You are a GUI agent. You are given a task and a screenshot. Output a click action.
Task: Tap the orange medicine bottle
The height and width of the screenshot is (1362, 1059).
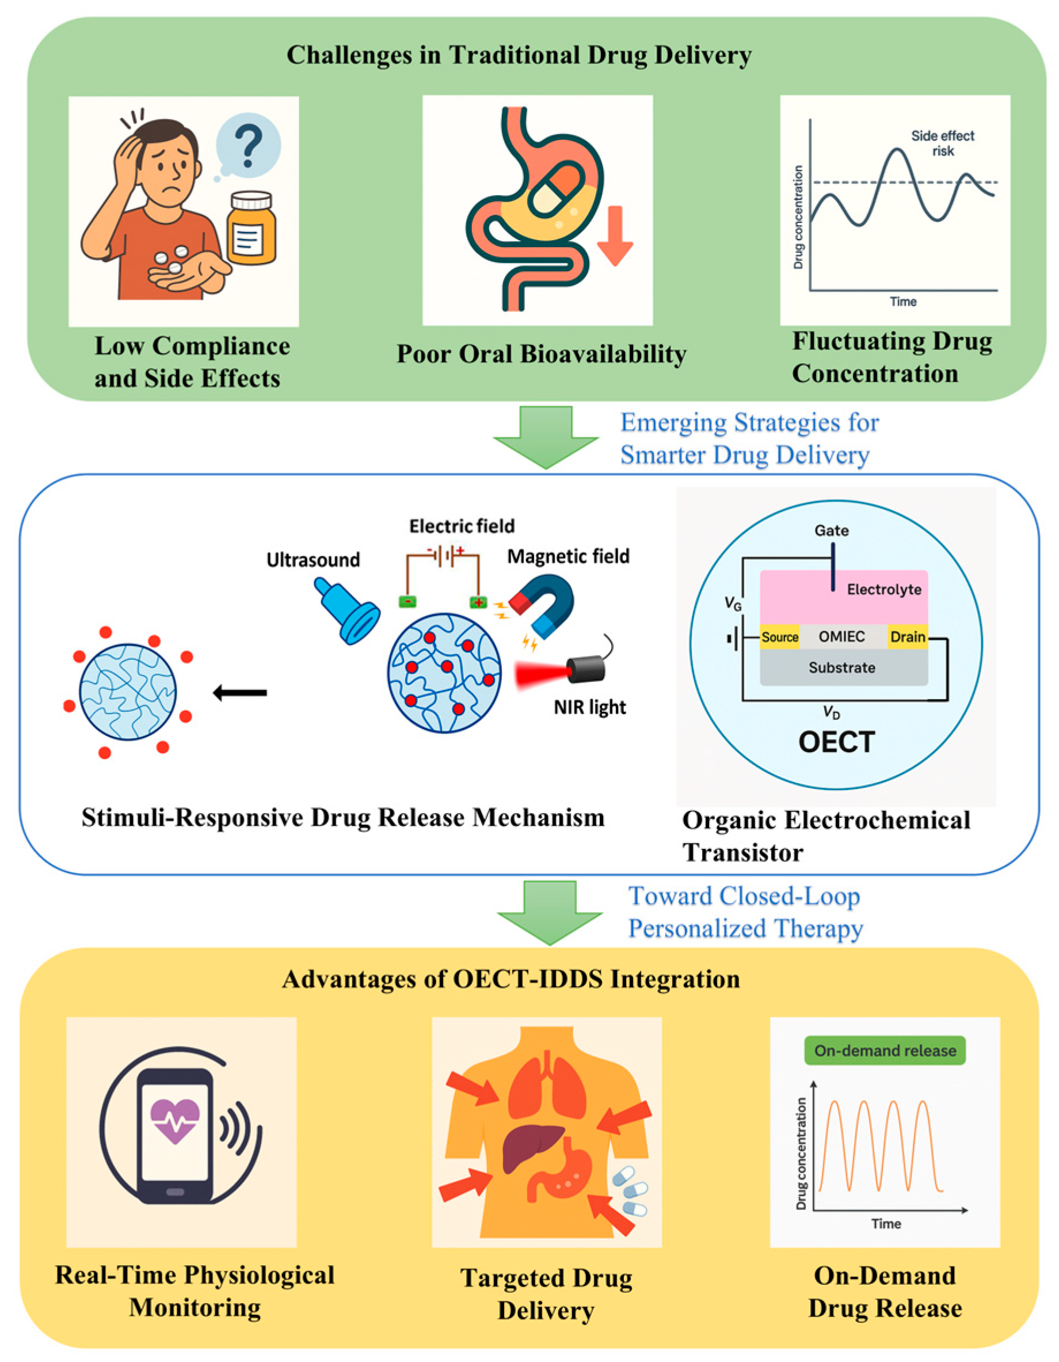(251, 229)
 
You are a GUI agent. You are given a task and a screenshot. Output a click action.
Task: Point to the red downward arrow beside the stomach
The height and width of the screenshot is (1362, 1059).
(615, 236)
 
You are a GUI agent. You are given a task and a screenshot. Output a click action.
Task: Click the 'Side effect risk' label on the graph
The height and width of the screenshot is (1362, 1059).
(942, 143)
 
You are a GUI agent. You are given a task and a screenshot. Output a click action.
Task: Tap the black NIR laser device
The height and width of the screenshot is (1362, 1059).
(586, 669)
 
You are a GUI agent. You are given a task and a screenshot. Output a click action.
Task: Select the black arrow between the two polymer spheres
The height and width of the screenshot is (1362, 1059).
(240, 692)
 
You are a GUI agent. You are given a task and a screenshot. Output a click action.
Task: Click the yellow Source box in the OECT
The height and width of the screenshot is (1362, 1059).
(779, 637)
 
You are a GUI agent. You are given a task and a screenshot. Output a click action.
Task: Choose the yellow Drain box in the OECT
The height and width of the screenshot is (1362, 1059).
(907, 637)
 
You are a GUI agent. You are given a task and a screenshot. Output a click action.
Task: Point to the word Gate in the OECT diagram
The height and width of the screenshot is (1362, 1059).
(831, 530)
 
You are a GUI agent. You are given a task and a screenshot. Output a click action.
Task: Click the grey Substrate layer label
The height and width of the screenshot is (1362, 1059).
(841, 667)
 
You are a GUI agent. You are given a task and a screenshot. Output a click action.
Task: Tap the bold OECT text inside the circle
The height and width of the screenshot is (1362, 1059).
(836, 742)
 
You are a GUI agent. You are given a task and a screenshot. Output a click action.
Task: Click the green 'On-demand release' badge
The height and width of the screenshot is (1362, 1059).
(885, 1051)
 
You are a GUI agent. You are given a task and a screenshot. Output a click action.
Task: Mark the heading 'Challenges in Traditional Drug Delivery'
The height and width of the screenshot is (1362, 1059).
(519, 55)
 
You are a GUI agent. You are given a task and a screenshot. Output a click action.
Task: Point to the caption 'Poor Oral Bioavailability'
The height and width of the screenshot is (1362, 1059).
(541, 354)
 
